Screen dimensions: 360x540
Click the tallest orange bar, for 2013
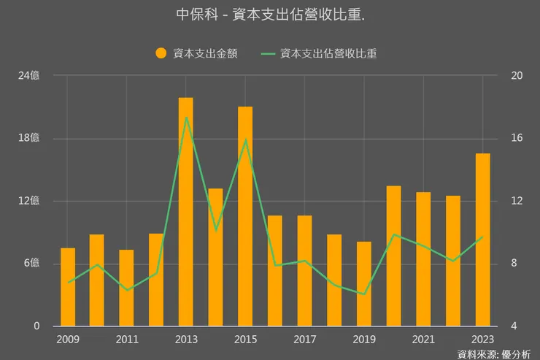coord(186,212)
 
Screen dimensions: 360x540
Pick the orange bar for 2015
coord(245,216)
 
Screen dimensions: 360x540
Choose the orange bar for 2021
coord(423,258)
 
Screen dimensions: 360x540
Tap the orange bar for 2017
coord(304,270)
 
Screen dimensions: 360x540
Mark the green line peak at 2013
coord(186,117)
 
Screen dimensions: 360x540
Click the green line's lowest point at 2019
coord(364,294)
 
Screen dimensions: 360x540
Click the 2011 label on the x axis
coord(127,340)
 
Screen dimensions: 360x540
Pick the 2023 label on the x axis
coord(482,340)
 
